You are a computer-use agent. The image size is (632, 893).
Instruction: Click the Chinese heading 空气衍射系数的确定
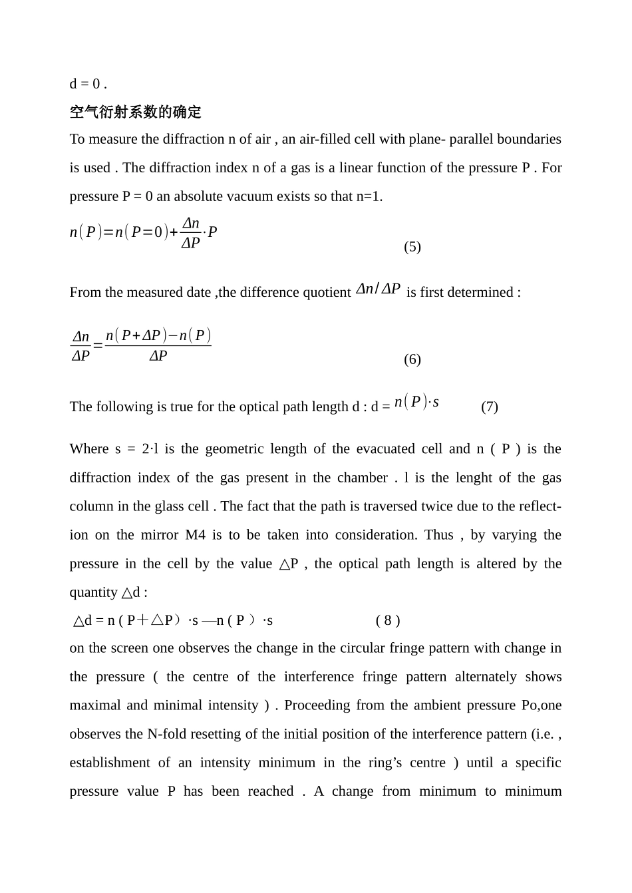135,112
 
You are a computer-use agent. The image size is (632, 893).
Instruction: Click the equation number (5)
412,247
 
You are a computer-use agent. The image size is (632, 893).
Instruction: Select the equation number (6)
412,359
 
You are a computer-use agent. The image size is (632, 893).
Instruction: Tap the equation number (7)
489,407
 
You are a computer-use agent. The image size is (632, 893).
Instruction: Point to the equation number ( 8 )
388,621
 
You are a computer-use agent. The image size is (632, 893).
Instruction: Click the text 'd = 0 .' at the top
88,84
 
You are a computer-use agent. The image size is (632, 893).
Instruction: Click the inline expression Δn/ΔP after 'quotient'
378,289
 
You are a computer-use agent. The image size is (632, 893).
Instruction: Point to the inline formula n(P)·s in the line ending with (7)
416,402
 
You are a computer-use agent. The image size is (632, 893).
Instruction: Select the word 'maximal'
95,705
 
